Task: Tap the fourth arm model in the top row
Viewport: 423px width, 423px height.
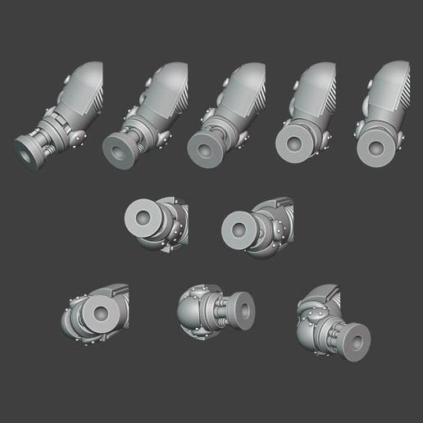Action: click(x=303, y=111)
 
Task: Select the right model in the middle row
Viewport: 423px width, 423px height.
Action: click(x=257, y=224)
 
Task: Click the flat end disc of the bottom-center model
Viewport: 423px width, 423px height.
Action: click(x=244, y=310)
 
